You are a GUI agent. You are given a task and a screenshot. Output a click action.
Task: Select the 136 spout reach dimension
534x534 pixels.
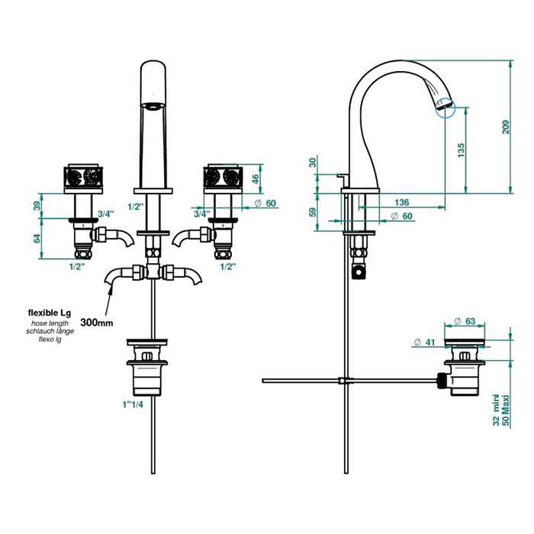pos(402,203)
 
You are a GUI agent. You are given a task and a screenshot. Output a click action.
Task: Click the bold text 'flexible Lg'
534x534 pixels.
pos(50,312)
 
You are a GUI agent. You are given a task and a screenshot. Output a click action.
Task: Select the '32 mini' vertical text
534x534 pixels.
pos(496,412)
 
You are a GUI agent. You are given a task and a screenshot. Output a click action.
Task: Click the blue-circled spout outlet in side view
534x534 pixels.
pos(444,108)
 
